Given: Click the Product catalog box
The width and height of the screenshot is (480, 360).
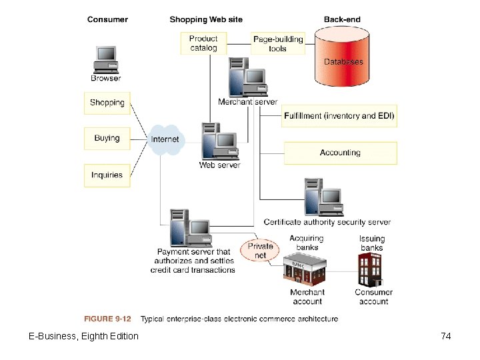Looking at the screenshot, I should pyautogui.click(x=203, y=43).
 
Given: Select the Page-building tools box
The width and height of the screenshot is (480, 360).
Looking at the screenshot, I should pyautogui.click(x=277, y=43).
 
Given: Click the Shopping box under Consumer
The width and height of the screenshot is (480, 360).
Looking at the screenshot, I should pyautogui.click(x=107, y=103).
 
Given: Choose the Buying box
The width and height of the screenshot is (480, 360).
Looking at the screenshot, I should pyautogui.click(x=107, y=139).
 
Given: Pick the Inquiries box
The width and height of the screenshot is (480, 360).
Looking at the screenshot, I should pyautogui.click(x=107, y=175).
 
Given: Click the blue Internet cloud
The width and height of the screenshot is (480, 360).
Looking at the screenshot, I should pyautogui.click(x=165, y=139).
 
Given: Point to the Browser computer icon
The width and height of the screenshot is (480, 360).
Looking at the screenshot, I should pyautogui.click(x=105, y=59).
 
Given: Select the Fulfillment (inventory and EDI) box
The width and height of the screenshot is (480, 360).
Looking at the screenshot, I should pyautogui.click(x=340, y=116).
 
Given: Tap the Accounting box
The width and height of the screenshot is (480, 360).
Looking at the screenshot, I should pyautogui.click(x=340, y=153).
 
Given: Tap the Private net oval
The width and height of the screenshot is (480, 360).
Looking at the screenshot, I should pyautogui.click(x=260, y=251).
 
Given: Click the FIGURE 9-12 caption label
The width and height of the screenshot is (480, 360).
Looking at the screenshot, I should pyautogui.click(x=107, y=319).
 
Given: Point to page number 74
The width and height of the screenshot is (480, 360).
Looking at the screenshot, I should pyautogui.click(x=446, y=336).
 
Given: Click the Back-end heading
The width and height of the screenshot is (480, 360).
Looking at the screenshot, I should pyautogui.click(x=342, y=19).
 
